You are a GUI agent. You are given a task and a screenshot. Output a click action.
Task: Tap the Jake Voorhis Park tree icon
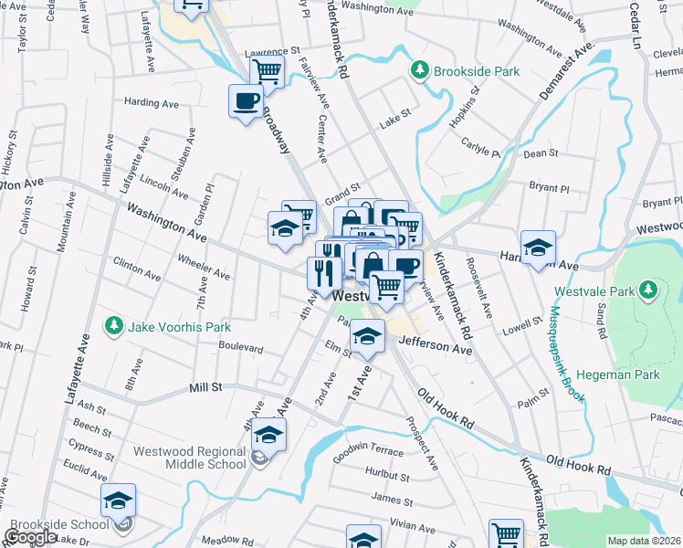point(113,326)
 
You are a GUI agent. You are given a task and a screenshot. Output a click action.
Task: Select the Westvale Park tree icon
point(648,290)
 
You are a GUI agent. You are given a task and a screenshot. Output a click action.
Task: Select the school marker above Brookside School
point(118,500)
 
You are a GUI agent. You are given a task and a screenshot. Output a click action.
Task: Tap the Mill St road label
point(205,387)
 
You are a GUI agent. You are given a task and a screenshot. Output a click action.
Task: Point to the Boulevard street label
point(241,348)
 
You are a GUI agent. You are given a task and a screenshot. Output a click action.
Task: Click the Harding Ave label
point(152,103)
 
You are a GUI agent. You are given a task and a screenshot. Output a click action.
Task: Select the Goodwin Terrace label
point(367,452)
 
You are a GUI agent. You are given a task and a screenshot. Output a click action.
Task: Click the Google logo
point(31,537)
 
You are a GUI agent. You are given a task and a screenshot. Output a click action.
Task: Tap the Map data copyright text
point(646,541)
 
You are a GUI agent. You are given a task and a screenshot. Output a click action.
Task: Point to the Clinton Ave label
point(137,269)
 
